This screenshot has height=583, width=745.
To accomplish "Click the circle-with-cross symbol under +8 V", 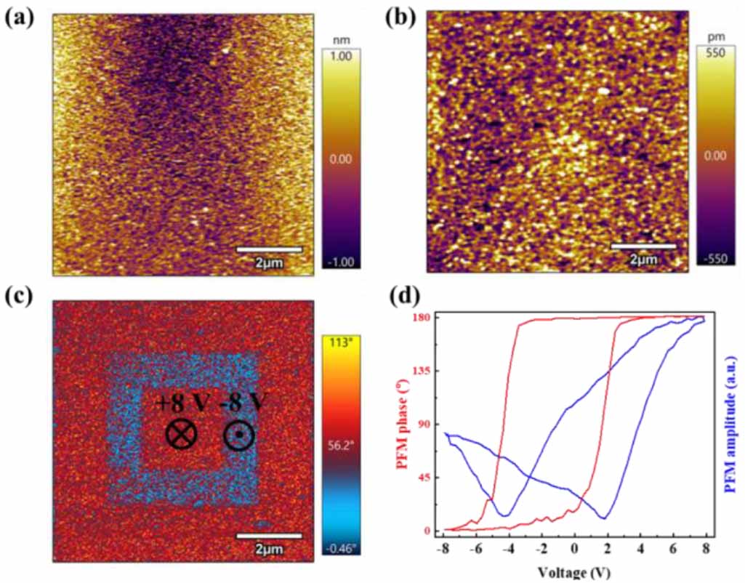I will click(181, 435).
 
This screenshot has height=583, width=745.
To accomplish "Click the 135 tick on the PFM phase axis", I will click(423, 371).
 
